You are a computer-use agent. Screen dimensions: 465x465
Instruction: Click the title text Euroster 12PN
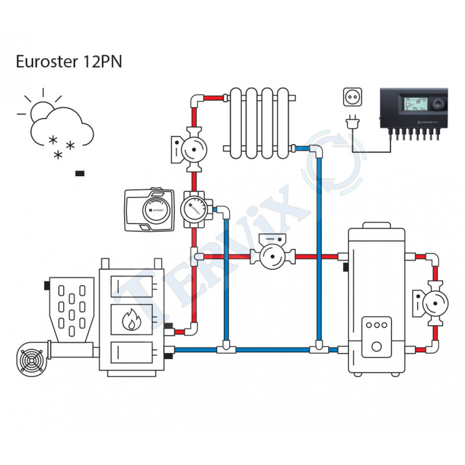coord(69,62)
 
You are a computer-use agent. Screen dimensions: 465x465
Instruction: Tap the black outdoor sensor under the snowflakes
coord(80,174)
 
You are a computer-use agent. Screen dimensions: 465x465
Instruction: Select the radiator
coord(259,122)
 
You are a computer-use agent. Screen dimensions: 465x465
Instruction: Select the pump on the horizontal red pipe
coord(272,256)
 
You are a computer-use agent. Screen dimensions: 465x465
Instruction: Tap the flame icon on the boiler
coord(131,320)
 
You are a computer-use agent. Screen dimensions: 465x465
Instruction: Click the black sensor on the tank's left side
coord(346,267)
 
